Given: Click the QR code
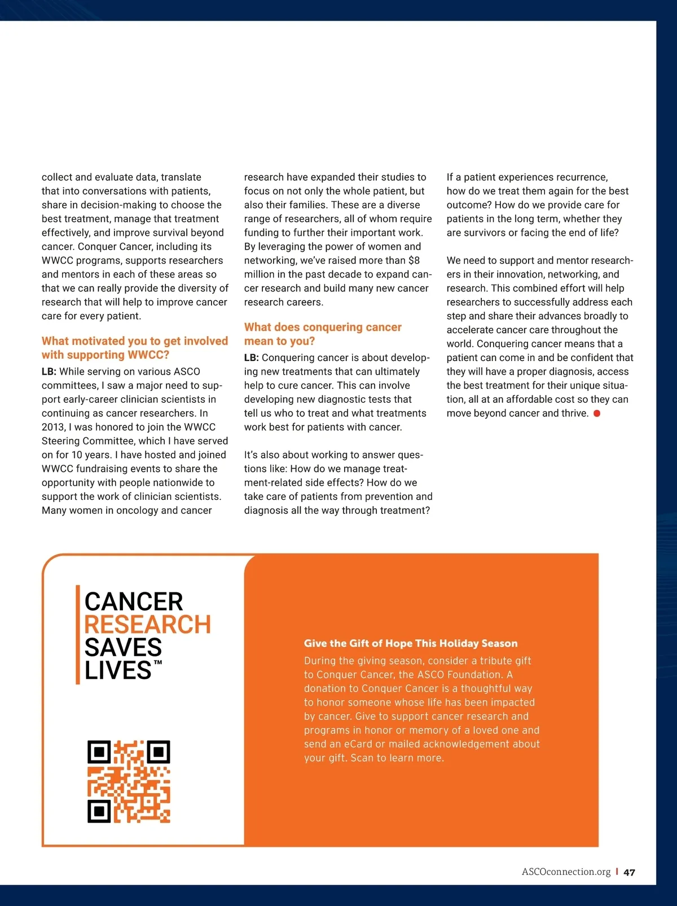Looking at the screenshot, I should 129,781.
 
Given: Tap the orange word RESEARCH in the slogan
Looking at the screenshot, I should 147,624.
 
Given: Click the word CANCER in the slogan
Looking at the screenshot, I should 134,601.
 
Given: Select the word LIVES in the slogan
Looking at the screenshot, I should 118,670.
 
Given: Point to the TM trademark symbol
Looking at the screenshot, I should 158,662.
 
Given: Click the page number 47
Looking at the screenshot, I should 630,872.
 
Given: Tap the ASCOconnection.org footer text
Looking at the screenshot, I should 566,872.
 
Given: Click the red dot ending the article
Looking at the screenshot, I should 597,414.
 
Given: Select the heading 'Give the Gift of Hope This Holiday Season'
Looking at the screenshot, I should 411,643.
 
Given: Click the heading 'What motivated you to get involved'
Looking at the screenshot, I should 135,341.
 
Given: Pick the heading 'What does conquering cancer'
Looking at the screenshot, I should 323,327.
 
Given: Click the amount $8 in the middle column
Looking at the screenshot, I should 414,261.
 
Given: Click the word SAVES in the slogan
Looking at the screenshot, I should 123,648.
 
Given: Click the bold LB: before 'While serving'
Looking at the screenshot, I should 49,372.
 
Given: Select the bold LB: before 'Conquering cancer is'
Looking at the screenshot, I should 252,358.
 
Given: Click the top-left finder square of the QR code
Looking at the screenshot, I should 99,752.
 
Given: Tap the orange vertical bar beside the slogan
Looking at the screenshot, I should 78,635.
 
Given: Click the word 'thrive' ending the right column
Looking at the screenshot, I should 574,414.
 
